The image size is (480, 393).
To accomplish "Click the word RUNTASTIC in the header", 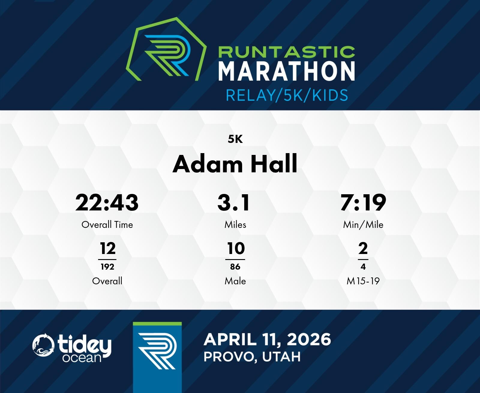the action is point(286,52).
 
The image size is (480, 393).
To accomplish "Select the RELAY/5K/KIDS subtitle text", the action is point(287,95).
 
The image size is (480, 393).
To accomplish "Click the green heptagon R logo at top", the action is point(166,49).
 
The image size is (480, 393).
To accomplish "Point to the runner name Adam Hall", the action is point(235,164).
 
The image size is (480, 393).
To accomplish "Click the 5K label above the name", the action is point(235,139).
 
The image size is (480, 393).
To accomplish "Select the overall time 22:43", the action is point(107,202).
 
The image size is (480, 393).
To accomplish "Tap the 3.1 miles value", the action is point(234,202).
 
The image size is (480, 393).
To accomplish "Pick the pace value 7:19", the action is point(363,202).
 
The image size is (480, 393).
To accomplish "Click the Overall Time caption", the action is point(107,225).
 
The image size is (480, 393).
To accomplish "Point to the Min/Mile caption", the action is point(363,225).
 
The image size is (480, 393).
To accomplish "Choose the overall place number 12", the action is point(108,248).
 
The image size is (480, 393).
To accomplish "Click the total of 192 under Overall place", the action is point(107,267).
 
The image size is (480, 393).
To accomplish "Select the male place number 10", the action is point(236,248).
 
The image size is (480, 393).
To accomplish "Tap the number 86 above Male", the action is point(235,267).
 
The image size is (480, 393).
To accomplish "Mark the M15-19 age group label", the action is point(363,281).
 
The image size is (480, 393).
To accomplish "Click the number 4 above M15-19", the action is point(363,267).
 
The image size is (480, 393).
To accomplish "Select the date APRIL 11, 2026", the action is point(267,340).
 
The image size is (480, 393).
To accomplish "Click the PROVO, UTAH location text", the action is point(252,357).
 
